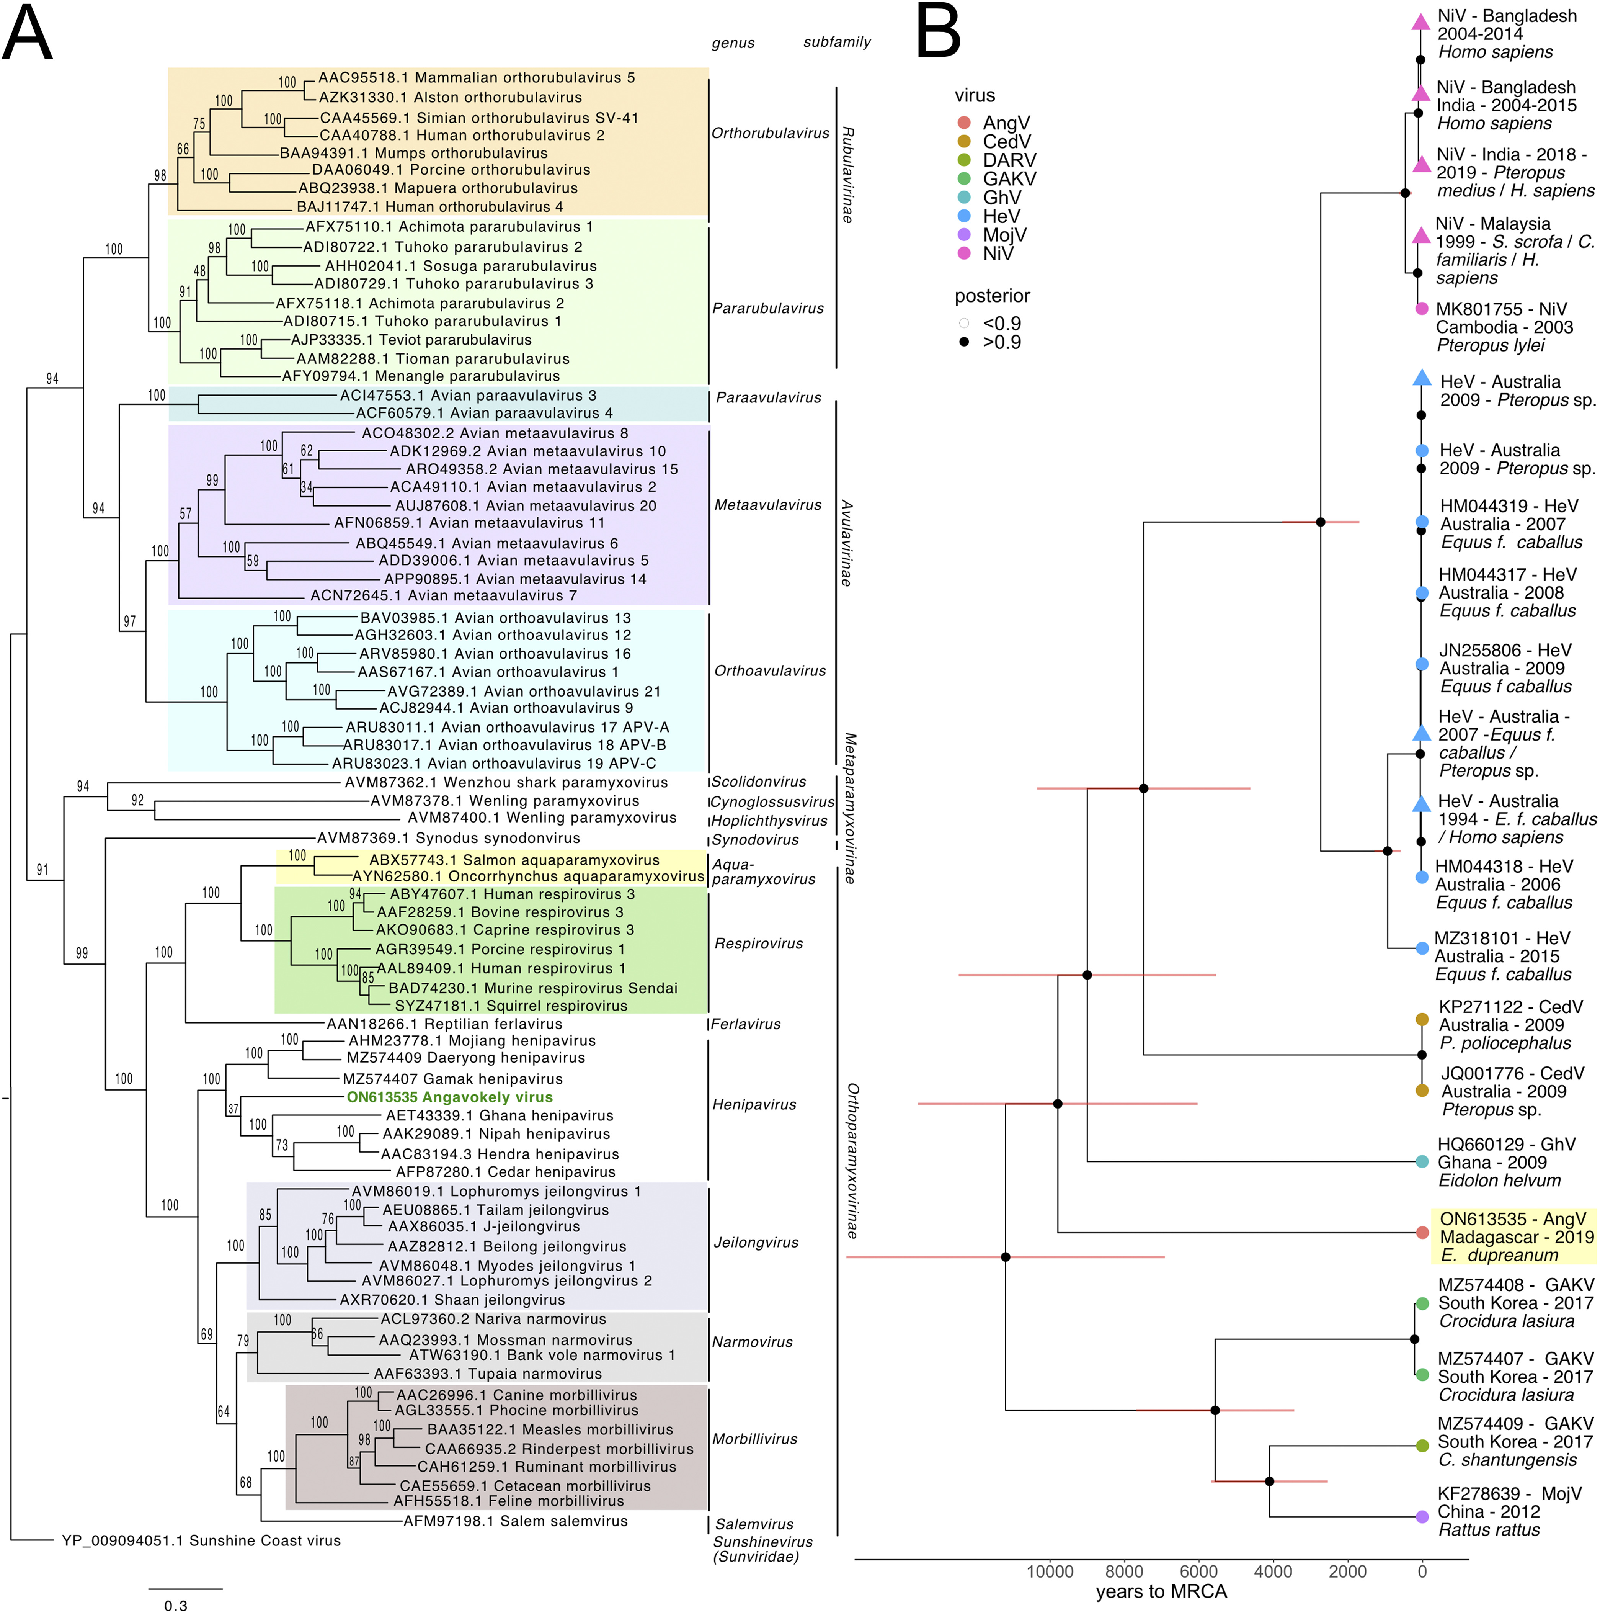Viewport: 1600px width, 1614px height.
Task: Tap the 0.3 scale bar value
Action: point(176,1605)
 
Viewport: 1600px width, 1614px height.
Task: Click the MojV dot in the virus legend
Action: point(965,235)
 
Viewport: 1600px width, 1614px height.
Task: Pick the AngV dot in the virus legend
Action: point(965,123)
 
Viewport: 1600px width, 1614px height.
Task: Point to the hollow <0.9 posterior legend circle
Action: point(965,323)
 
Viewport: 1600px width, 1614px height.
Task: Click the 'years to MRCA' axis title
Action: point(1162,1591)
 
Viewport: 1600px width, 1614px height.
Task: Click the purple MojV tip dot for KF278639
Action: point(1422,1516)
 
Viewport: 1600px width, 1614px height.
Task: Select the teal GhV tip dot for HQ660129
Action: point(1422,1161)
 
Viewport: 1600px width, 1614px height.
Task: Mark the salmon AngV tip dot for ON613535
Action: point(1422,1232)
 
